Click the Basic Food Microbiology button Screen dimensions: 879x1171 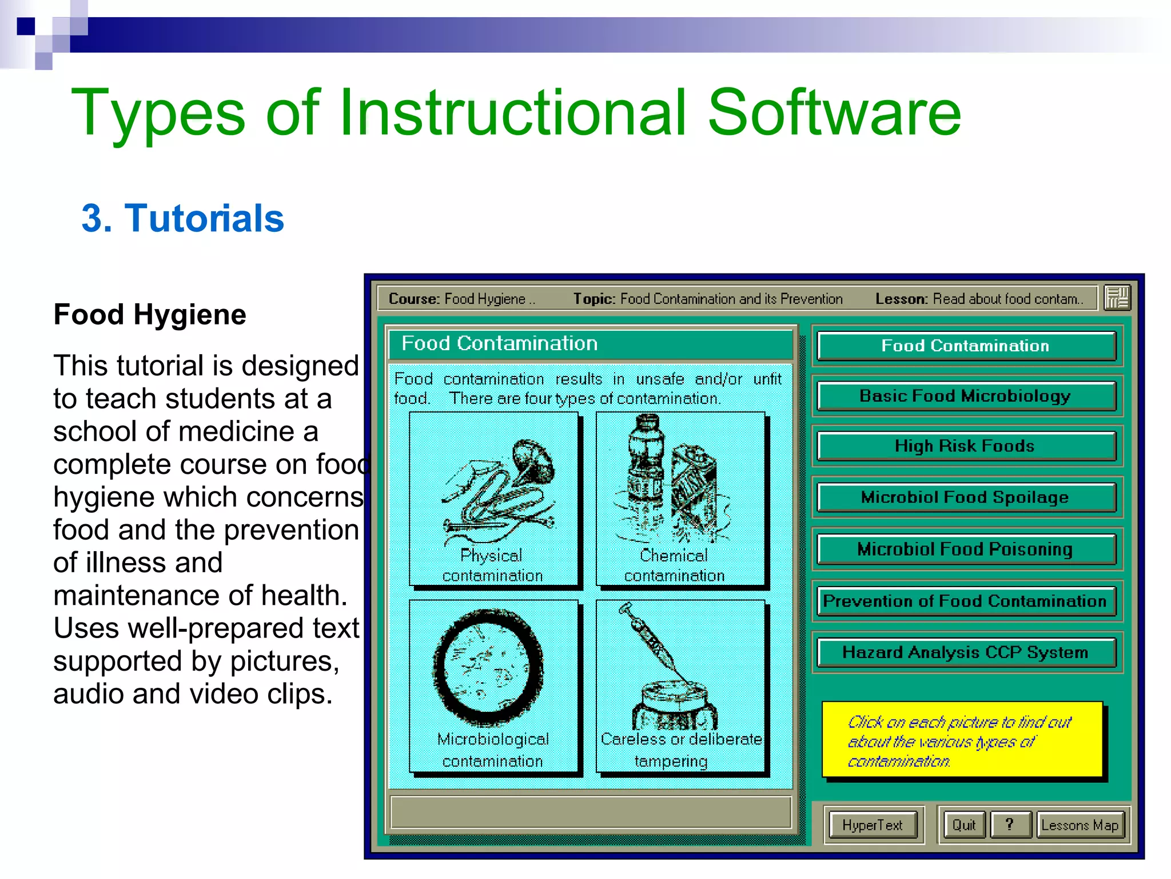click(966, 396)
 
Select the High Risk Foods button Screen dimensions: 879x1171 click(966, 446)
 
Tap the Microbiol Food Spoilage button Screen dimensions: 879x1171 click(966, 497)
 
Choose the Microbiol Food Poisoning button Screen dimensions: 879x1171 click(966, 549)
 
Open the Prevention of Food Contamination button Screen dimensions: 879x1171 click(966, 601)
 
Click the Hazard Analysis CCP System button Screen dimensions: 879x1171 click(966, 652)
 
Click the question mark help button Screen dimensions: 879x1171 click(1010, 825)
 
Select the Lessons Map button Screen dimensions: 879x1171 click(1080, 825)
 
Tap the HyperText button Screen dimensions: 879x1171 click(873, 825)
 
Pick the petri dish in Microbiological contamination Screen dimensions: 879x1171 click(488, 667)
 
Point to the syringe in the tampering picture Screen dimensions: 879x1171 click(652, 641)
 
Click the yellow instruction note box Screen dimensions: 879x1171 click(962, 739)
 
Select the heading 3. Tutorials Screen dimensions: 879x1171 click(183, 218)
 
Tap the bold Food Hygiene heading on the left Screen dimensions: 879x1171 click(150, 314)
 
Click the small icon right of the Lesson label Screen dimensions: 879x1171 click(1117, 298)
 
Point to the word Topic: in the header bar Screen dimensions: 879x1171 click(594, 299)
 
